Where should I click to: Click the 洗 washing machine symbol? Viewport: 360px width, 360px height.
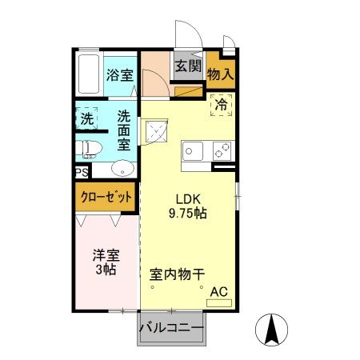(86, 118)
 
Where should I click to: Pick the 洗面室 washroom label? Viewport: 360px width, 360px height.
(124, 130)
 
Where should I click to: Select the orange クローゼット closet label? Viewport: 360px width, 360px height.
(106, 196)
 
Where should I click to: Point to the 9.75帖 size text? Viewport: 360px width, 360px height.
(188, 214)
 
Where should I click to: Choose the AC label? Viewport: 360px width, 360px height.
(218, 293)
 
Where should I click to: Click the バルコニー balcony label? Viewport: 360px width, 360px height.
(171, 327)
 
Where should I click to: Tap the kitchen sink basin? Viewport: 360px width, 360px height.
(193, 150)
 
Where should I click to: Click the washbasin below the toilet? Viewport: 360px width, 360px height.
(122, 168)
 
